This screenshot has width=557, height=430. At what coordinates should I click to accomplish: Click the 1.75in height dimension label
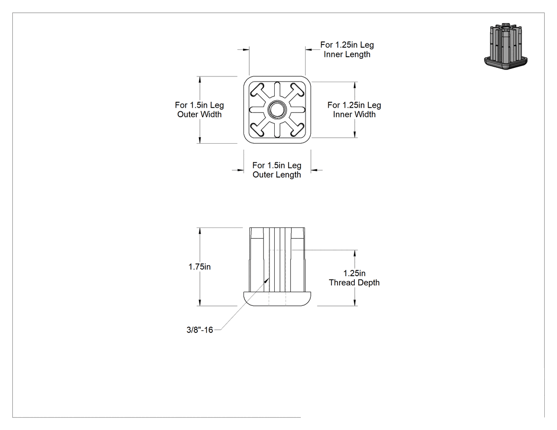(199, 267)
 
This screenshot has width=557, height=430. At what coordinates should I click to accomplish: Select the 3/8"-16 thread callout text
(199, 330)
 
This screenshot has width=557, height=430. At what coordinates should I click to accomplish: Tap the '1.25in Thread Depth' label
(354, 278)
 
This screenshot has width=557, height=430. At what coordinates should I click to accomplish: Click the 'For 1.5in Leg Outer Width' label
(199, 110)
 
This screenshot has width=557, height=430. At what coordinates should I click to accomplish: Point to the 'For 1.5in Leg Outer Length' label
(277, 170)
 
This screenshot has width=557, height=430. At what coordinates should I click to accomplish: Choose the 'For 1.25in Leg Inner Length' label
(347, 50)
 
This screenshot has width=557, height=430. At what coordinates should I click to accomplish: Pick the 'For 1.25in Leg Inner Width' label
(354, 110)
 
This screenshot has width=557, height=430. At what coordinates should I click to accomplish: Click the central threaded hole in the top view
(277, 110)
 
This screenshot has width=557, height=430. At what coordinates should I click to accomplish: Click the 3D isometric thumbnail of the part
(506, 46)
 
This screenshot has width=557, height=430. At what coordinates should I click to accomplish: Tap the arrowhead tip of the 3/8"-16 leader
(269, 278)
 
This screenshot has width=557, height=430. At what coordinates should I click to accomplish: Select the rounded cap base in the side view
(277, 299)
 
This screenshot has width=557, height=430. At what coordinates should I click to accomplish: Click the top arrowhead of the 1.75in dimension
(200, 231)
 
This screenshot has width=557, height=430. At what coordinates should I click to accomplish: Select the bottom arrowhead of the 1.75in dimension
(200, 303)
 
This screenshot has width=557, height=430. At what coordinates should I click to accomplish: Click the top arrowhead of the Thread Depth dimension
(354, 253)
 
